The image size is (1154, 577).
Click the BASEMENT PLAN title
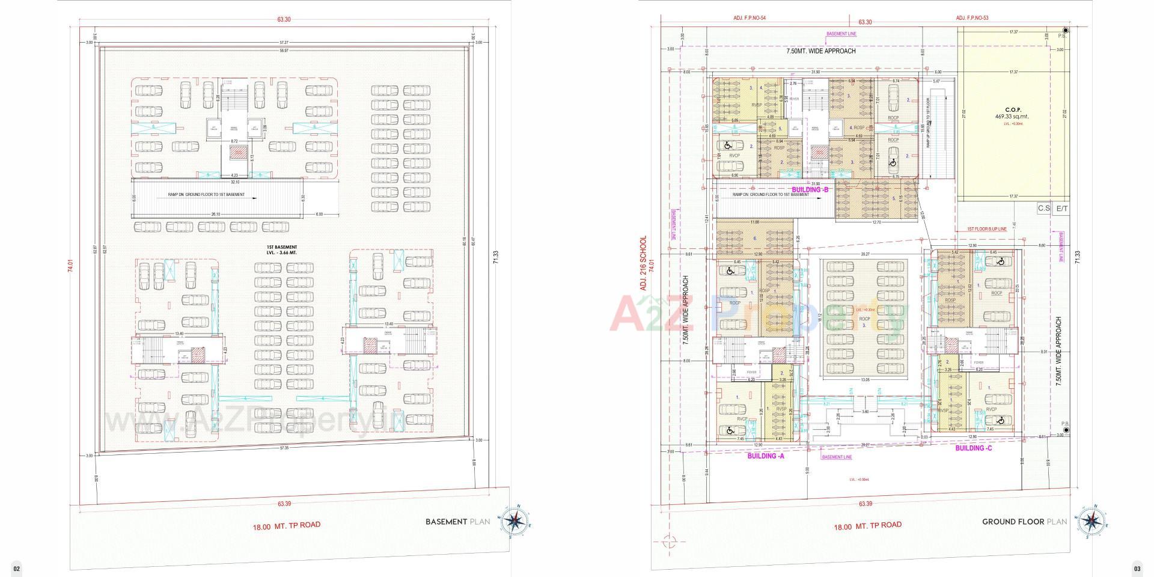point(457,522)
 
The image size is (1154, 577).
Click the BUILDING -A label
point(765,456)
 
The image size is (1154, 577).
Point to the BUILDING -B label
point(810,190)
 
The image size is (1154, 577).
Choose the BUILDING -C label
point(974,448)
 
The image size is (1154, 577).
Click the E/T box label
point(1062,209)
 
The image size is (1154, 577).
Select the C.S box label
point(1043,209)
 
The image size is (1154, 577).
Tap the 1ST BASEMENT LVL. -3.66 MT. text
point(282,249)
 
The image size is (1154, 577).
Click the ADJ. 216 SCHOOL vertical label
point(644,263)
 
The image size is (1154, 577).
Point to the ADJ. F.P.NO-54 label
point(749,19)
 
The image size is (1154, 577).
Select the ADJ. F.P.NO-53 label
point(972,19)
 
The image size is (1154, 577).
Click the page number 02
point(17,568)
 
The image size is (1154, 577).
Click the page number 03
point(1137,568)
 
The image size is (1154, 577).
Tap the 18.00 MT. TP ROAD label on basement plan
point(287,525)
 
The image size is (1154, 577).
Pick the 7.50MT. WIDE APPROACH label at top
point(820,51)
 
